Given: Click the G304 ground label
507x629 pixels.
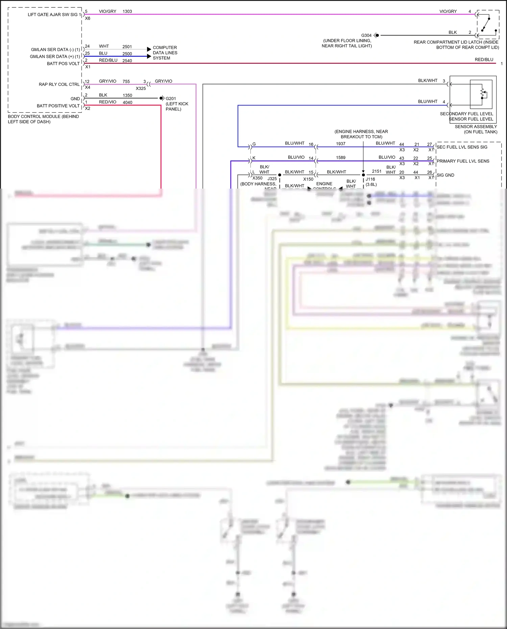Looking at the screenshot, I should (x=366, y=35).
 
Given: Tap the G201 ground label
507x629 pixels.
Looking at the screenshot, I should (x=171, y=99).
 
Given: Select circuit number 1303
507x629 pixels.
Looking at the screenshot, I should (x=127, y=11).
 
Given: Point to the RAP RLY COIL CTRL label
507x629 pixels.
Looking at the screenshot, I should (x=59, y=84).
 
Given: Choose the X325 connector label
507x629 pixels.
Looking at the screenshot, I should (x=141, y=89).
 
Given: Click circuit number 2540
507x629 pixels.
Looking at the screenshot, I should (x=127, y=61).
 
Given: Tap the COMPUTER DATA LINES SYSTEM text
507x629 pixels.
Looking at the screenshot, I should (x=165, y=53).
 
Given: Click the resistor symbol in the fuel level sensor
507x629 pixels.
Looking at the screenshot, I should (x=483, y=93).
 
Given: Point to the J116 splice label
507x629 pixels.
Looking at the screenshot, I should (x=370, y=179).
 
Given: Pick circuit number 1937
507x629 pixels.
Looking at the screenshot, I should (x=341, y=144).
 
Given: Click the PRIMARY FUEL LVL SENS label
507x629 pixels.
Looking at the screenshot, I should (x=463, y=161).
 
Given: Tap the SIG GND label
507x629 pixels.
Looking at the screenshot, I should (x=445, y=175).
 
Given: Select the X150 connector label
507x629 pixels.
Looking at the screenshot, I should (x=308, y=179).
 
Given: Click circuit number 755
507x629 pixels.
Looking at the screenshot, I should (x=126, y=82).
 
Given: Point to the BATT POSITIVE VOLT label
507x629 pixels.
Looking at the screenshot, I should (x=58, y=106).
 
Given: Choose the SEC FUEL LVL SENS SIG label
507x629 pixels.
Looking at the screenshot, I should (x=462, y=147).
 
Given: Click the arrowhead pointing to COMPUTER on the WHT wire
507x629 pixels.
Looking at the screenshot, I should (x=149, y=49).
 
